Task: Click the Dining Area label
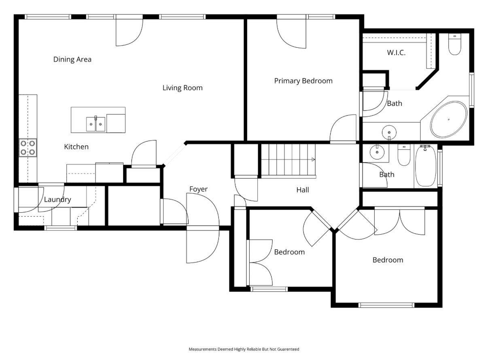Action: click(72, 59)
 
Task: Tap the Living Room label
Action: click(182, 88)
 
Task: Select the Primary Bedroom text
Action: click(303, 81)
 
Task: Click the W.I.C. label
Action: click(396, 53)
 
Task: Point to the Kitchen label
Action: click(76, 147)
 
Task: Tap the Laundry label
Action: click(57, 199)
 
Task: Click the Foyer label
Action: click(198, 189)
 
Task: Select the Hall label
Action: click(303, 190)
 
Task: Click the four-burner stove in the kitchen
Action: click(28, 148)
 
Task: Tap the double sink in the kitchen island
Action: click(95, 124)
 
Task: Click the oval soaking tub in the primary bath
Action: click(449, 120)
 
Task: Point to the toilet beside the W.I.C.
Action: click(454, 44)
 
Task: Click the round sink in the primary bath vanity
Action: click(389, 133)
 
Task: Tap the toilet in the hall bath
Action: click(404, 155)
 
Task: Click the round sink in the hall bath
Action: click(377, 152)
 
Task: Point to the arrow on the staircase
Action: click(313, 159)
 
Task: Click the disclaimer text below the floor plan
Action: click(244, 349)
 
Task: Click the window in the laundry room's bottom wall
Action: click(61, 228)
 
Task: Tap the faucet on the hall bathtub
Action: click(425, 147)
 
